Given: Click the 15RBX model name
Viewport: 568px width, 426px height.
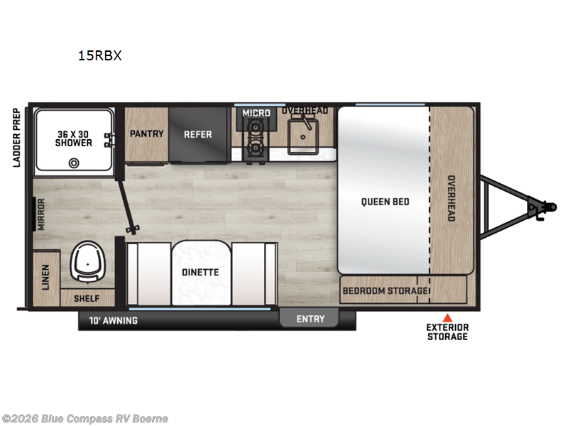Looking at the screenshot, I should coord(100,55).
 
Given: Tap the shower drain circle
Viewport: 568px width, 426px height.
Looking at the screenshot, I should coord(73,162).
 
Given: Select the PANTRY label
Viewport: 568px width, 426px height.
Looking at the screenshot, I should coord(147,133).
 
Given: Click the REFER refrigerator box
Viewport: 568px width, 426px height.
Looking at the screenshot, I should coord(198,134).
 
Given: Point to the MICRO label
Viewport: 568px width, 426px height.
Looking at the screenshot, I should coord(256,113).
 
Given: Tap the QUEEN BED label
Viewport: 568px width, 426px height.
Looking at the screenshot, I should coord(385,202).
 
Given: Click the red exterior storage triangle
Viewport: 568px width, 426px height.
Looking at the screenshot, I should coord(447,317).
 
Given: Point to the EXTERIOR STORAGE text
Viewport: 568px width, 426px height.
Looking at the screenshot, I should coord(447,332).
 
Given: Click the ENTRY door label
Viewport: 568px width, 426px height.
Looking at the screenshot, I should coord(310,319).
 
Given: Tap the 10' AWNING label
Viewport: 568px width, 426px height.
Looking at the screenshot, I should coord(113,320).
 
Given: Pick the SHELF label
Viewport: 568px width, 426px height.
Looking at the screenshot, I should coord(87,298).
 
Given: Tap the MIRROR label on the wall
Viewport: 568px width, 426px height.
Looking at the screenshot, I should coord(42,214).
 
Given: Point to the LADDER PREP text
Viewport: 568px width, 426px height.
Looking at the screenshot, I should coord(16,138).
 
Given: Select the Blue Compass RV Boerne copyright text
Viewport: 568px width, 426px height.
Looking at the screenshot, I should coord(85,418).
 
